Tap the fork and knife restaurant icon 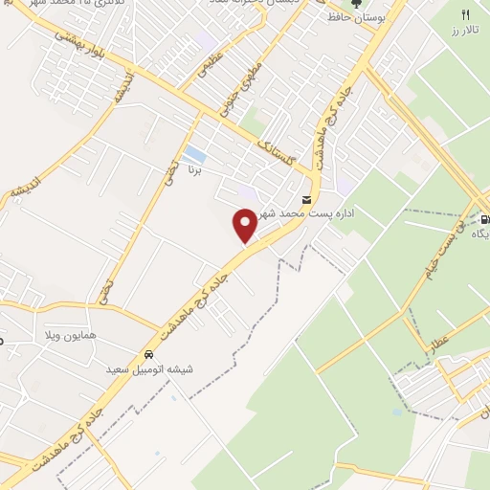466,15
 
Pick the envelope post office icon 306,199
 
